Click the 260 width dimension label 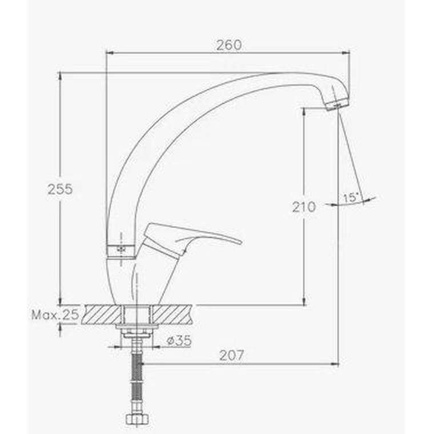[x=229, y=45]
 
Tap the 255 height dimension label [x=60, y=190]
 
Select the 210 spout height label [x=304, y=207]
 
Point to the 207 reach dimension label [x=232, y=355]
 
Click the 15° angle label [x=351, y=198]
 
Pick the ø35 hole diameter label [x=179, y=340]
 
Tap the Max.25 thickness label [x=55, y=315]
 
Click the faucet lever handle [x=191, y=238]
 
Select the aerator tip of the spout [x=337, y=105]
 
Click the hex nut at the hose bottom [x=136, y=419]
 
